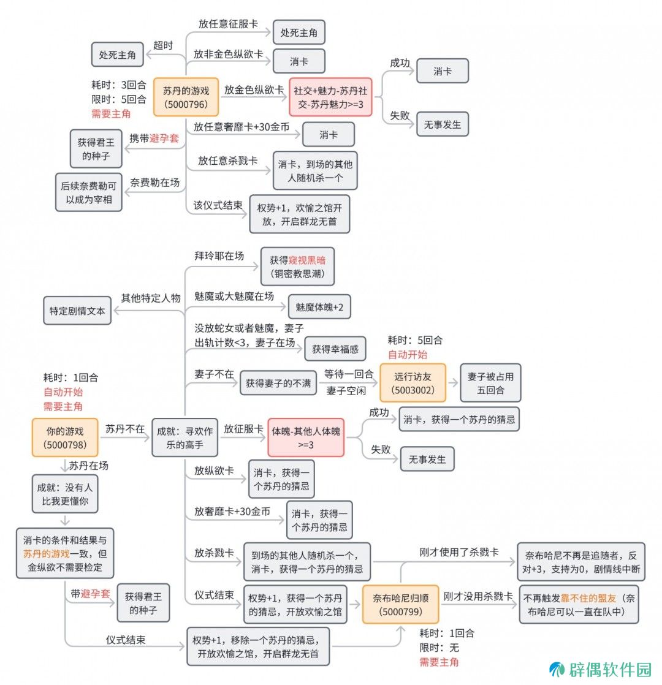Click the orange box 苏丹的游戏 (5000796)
(186, 97)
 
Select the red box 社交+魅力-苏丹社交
(330, 97)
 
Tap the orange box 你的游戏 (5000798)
(65, 437)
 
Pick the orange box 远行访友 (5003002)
(413, 383)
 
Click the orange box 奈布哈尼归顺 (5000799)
(400, 604)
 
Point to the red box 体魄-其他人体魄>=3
(306, 437)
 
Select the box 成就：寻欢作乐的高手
(185, 437)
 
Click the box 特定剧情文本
(77, 311)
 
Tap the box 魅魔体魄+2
(319, 307)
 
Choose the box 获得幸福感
(335, 349)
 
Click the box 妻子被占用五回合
(490, 383)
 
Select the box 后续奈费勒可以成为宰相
(89, 192)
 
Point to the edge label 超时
(163, 45)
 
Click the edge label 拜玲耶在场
(219, 255)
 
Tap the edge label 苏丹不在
(125, 428)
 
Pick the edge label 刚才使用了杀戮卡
(459, 552)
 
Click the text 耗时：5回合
(415, 340)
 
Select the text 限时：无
(439, 648)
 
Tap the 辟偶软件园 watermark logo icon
(557, 669)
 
